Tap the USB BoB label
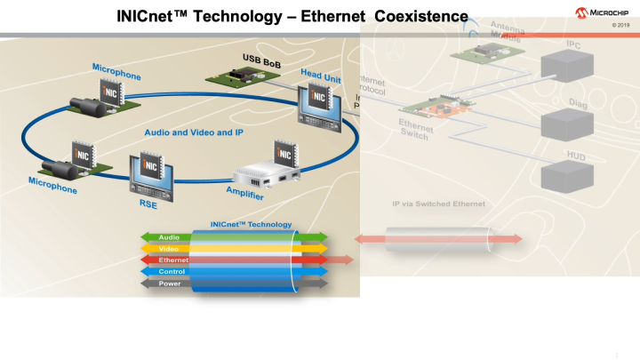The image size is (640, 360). tap(261, 58)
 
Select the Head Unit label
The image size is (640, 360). tap(322, 77)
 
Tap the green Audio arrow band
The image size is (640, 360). tap(169, 236)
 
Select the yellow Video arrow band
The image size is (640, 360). tap(169, 248)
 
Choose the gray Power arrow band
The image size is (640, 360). tap(169, 283)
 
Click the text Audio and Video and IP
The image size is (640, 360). tap(194, 132)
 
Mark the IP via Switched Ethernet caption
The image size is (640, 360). tap(438, 204)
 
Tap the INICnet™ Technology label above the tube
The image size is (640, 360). tap(251, 224)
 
